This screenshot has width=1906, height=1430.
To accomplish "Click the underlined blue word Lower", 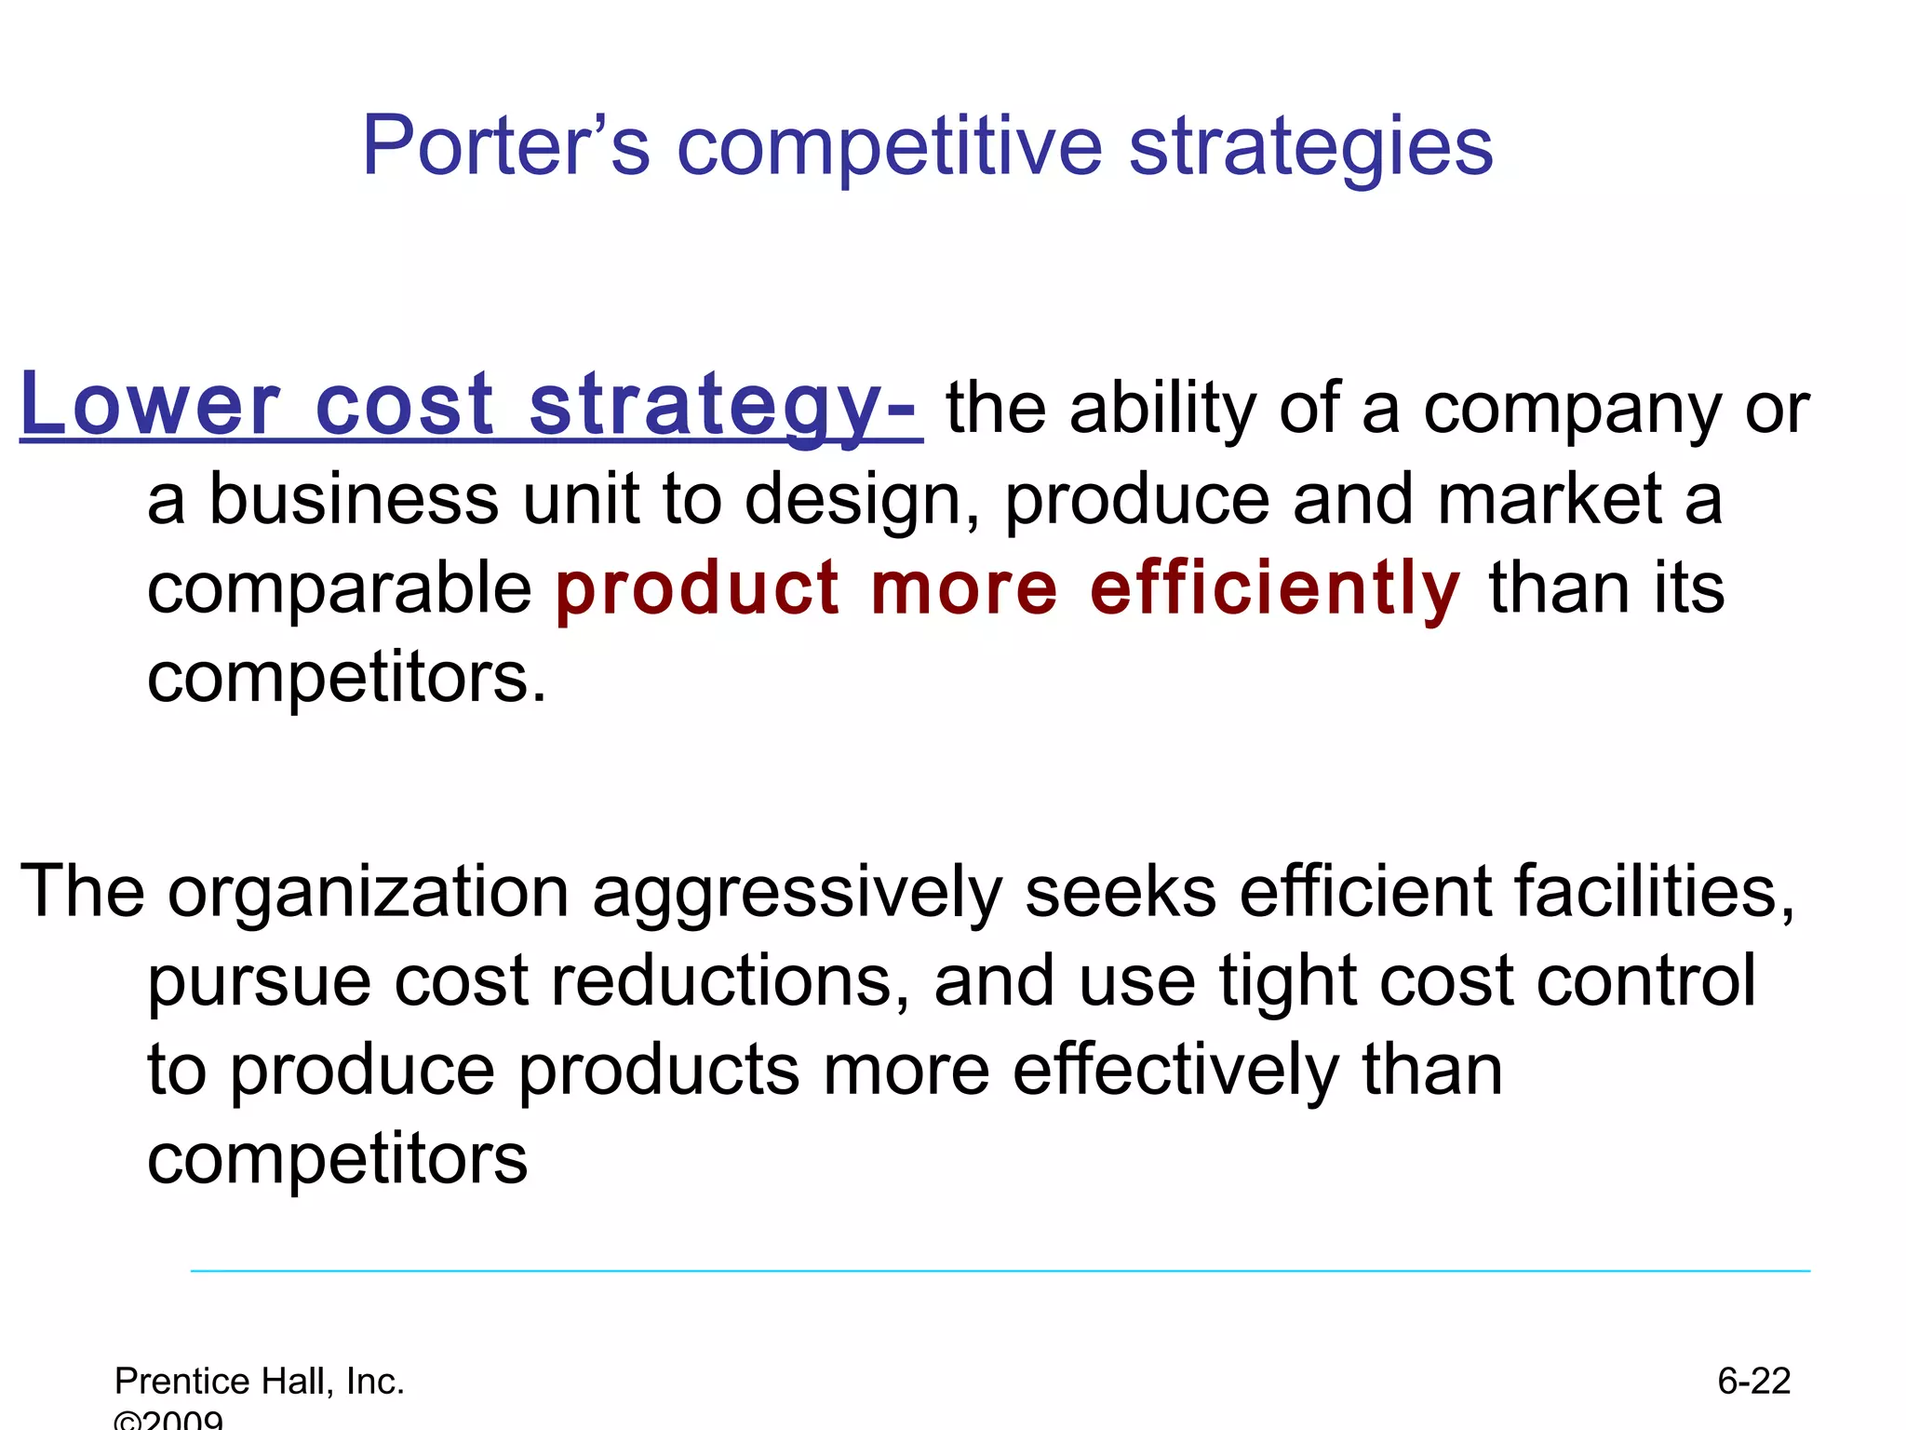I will coord(150,405).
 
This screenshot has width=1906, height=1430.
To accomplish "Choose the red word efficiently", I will coord(1275,590).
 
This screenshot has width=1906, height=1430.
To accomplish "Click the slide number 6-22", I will coord(1753,1381).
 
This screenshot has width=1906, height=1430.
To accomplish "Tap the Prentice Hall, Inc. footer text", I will coord(260,1382).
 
